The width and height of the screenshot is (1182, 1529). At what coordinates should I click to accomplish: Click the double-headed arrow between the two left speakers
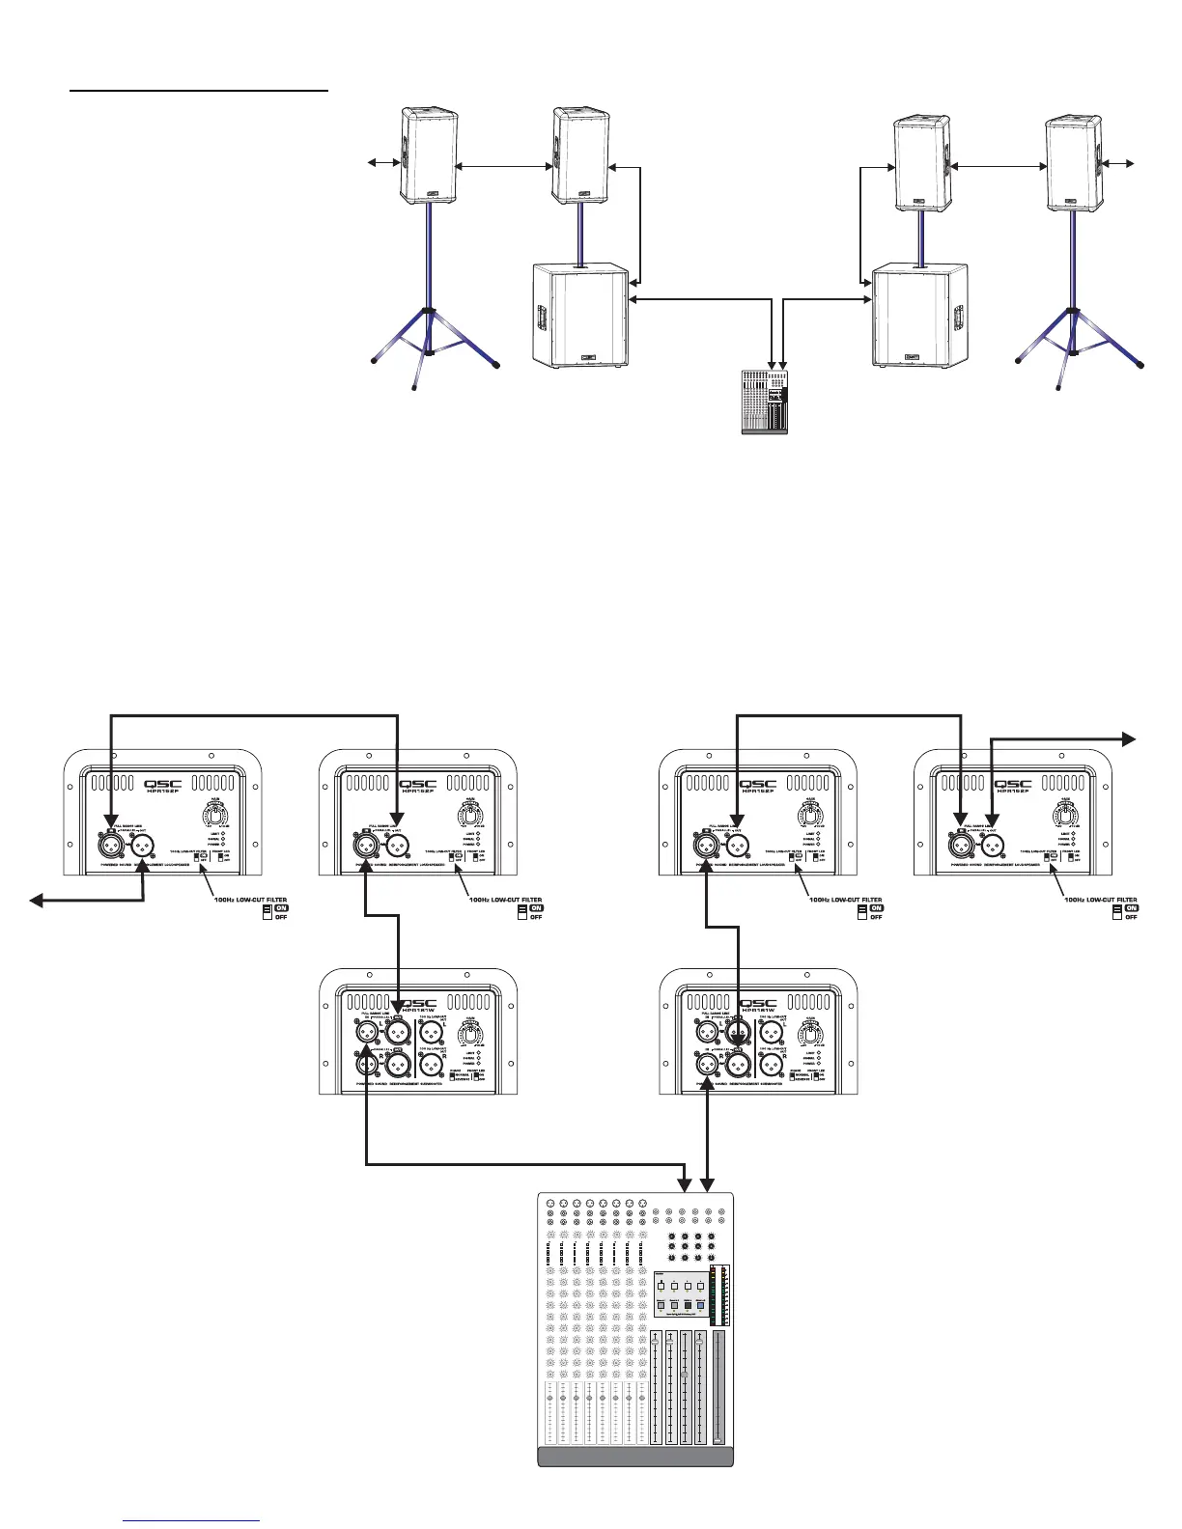[x=503, y=167]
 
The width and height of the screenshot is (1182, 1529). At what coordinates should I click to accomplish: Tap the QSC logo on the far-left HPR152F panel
[x=161, y=785]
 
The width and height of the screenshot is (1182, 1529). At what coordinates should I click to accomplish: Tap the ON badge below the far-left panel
[x=281, y=907]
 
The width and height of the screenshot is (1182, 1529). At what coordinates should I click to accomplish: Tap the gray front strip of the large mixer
[x=634, y=1457]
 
